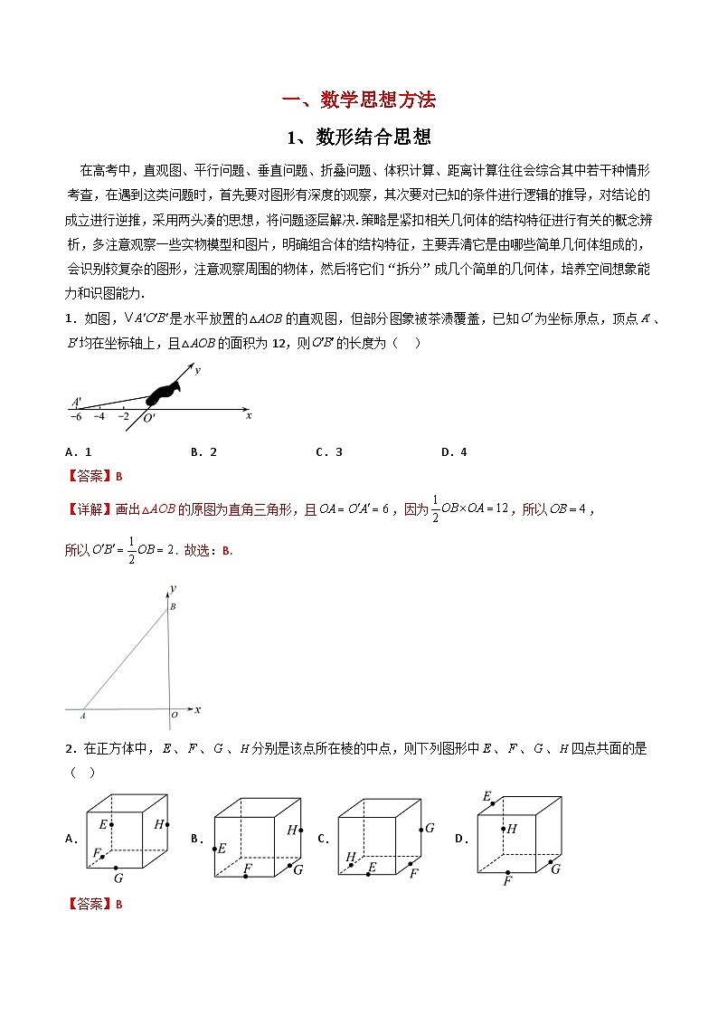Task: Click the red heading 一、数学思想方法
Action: [x=358, y=100]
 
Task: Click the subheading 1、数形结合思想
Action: [x=358, y=138]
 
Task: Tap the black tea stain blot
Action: [x=164, y=391]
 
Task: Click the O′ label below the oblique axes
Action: [x=149, y=418]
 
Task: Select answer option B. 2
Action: [x=204, y=452]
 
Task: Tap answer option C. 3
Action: [x=328, y=452]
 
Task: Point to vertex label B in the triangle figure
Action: [x=174, y=606]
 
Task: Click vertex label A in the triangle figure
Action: [x=82, y=715]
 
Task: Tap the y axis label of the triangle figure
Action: [x=172, y=589]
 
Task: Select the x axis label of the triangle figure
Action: [x=197, y=708]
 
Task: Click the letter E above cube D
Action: [x=487, y=796]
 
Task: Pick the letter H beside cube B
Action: [x=292, y=830]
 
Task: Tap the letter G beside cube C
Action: [x=430, y=827]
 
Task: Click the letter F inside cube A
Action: [x=97, y=852]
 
